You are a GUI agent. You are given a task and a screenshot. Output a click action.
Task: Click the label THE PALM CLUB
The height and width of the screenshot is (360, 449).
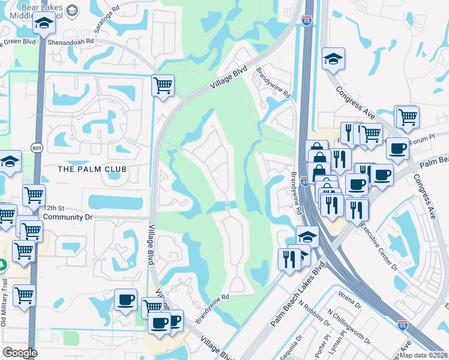[x=92, y=169]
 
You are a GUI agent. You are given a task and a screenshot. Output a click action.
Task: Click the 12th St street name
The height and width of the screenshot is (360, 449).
[x=53, y=207]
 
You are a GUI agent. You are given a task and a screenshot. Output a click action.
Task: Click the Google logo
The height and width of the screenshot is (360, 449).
[x=20, y=352]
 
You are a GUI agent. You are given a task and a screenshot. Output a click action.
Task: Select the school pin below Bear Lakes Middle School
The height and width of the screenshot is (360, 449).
[x=44, y=25]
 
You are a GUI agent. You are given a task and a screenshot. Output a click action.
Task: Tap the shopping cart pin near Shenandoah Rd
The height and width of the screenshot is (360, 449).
[x=163, y=85]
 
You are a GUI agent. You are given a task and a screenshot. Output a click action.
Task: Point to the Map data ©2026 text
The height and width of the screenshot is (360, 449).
[x=423, y=355]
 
